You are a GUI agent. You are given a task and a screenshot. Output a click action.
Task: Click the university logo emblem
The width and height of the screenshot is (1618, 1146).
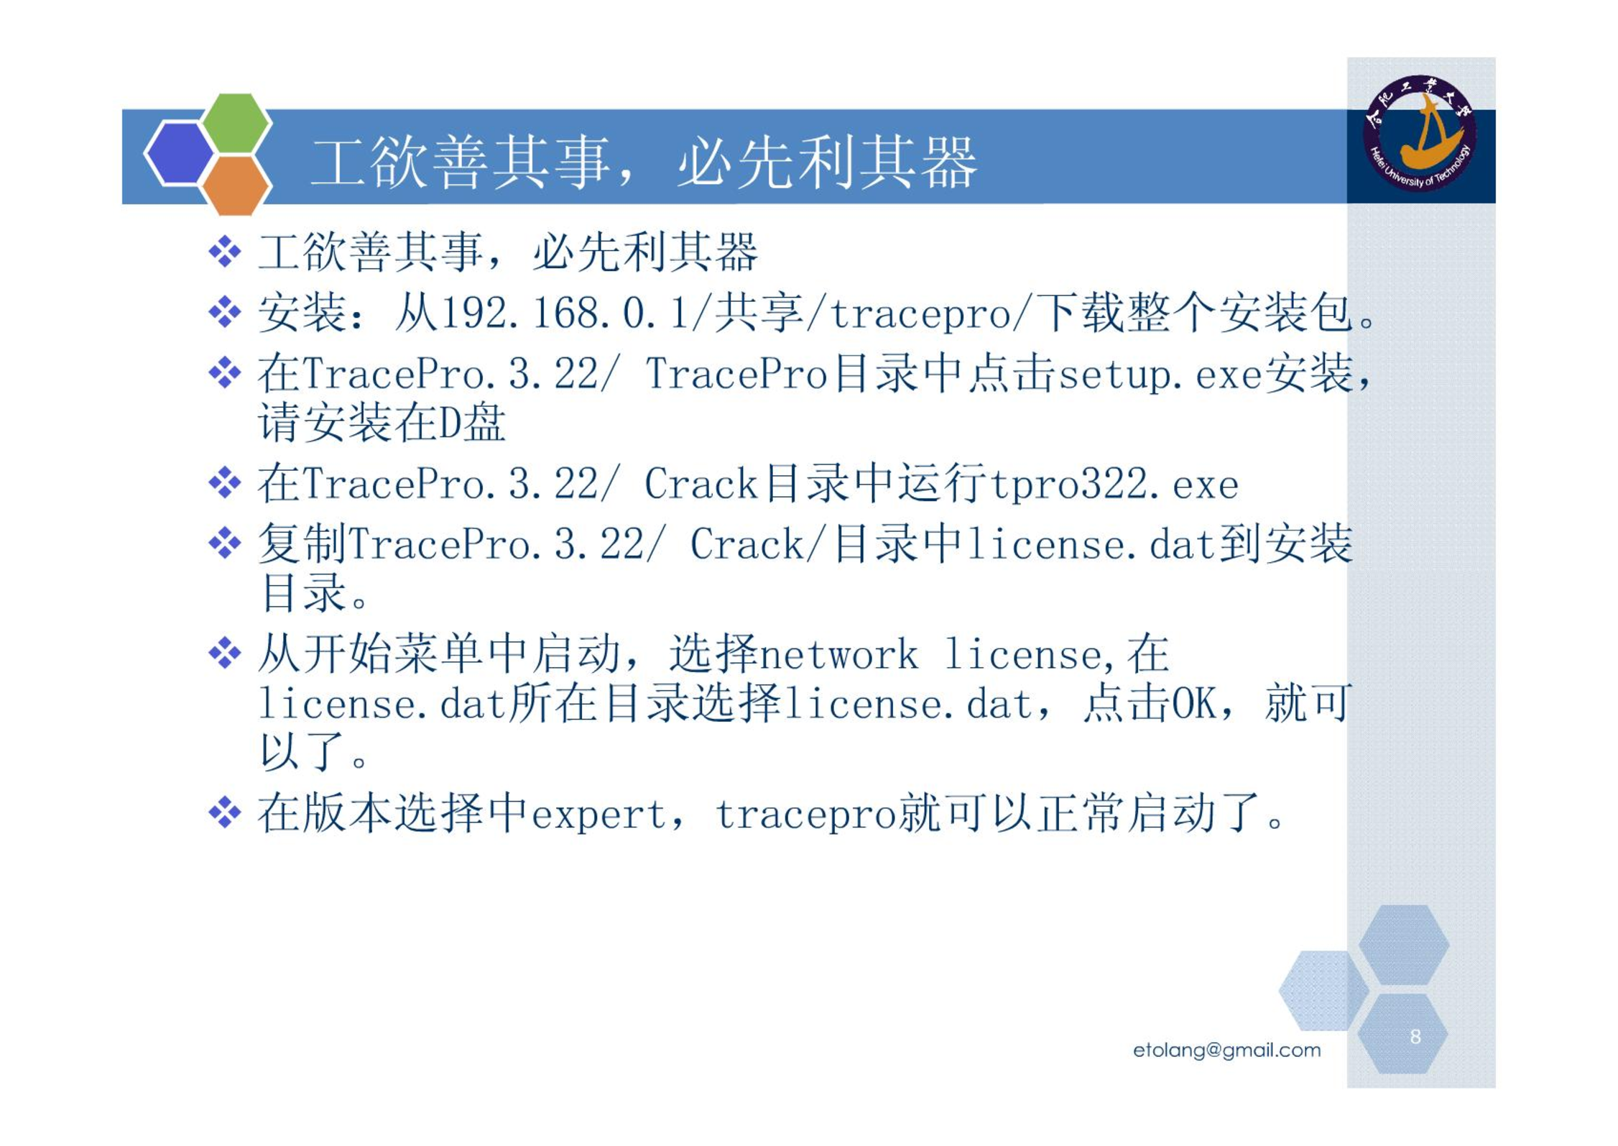[x=1419, y=134]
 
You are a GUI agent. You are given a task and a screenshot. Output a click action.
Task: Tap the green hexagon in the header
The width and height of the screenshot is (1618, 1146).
[x=236, y=122]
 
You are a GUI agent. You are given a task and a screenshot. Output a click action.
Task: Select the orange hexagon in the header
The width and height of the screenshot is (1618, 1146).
[x=236, y=185]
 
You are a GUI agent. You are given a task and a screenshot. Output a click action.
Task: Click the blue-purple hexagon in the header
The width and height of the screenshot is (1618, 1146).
[x=179, y=154]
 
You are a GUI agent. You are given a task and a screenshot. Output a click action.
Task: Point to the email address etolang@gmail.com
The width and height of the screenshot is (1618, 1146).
[x=1226, y=1050]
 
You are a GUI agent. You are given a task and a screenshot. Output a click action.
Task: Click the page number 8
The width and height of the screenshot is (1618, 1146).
[x=1415, y=1036]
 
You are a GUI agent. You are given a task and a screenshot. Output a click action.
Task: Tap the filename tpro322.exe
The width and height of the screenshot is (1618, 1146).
[x=1114, y=485]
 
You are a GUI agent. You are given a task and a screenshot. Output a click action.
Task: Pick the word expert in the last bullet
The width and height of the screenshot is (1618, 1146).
[x=600, y=815]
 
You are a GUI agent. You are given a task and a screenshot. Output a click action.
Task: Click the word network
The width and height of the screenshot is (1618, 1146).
[x=839, y=655]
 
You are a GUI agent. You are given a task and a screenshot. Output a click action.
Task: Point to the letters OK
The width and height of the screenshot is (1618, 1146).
[x=1194, y=704]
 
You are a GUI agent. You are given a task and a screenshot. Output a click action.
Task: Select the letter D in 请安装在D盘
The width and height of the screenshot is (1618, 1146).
[x=450, y=423]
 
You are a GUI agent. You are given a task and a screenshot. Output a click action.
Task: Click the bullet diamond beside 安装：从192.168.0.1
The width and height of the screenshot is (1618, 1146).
[x=225, y=312]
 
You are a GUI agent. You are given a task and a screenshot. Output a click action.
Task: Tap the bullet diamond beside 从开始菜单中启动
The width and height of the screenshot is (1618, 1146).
[x=225, y=653]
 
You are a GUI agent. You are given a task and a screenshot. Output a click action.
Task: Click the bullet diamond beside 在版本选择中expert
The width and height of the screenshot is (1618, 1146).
[x=225, y=812]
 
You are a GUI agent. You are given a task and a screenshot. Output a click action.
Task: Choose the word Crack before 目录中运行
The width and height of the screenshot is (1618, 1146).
[x=701, y=484]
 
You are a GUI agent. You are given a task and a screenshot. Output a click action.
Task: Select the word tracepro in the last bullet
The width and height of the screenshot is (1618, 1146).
[x=806, y=815]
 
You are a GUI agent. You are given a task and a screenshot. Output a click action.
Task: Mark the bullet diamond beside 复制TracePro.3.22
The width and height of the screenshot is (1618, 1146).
[x=225, y=543]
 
